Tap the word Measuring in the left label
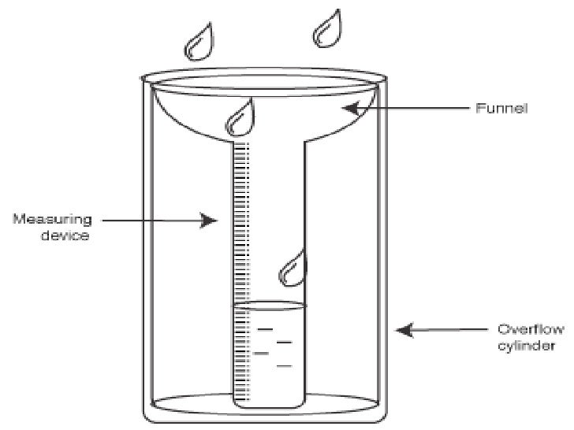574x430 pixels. [x=50, y=218]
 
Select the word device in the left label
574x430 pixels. [x=67, y=235]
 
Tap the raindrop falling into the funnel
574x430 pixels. [x=240, y=117]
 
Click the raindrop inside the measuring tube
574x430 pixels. [x=293, y=268]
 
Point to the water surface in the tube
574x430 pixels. [x=268, y=304]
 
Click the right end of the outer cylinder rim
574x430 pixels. [x=388, y=78]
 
